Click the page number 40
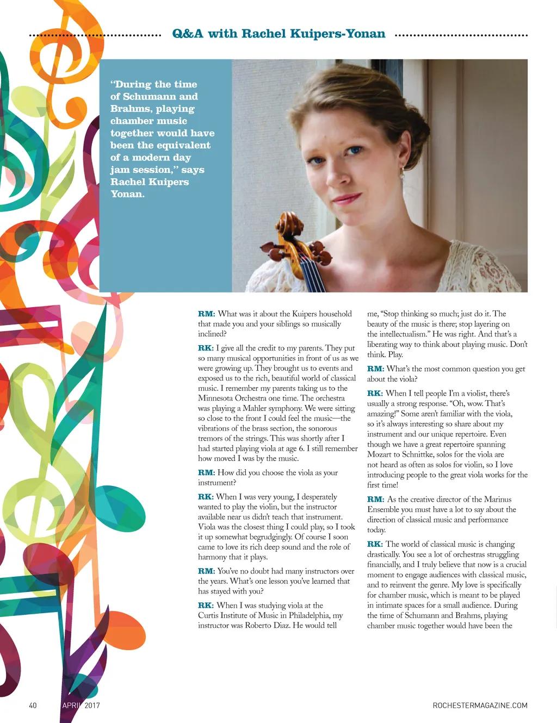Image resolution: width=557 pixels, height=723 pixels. point(33,705)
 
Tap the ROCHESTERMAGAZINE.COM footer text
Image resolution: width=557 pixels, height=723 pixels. point(480,705)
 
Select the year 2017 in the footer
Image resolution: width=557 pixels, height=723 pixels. point(91,705)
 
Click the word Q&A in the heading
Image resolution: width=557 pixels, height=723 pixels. point(188,34)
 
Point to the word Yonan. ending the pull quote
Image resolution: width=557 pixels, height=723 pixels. point(128,194)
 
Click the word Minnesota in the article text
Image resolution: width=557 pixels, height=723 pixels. point(216,398)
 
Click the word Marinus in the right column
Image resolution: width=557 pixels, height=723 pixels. point(497,499)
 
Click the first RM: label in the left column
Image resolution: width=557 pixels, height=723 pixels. point(206,314)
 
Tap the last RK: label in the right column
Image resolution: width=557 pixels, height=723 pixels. point(375,544)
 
